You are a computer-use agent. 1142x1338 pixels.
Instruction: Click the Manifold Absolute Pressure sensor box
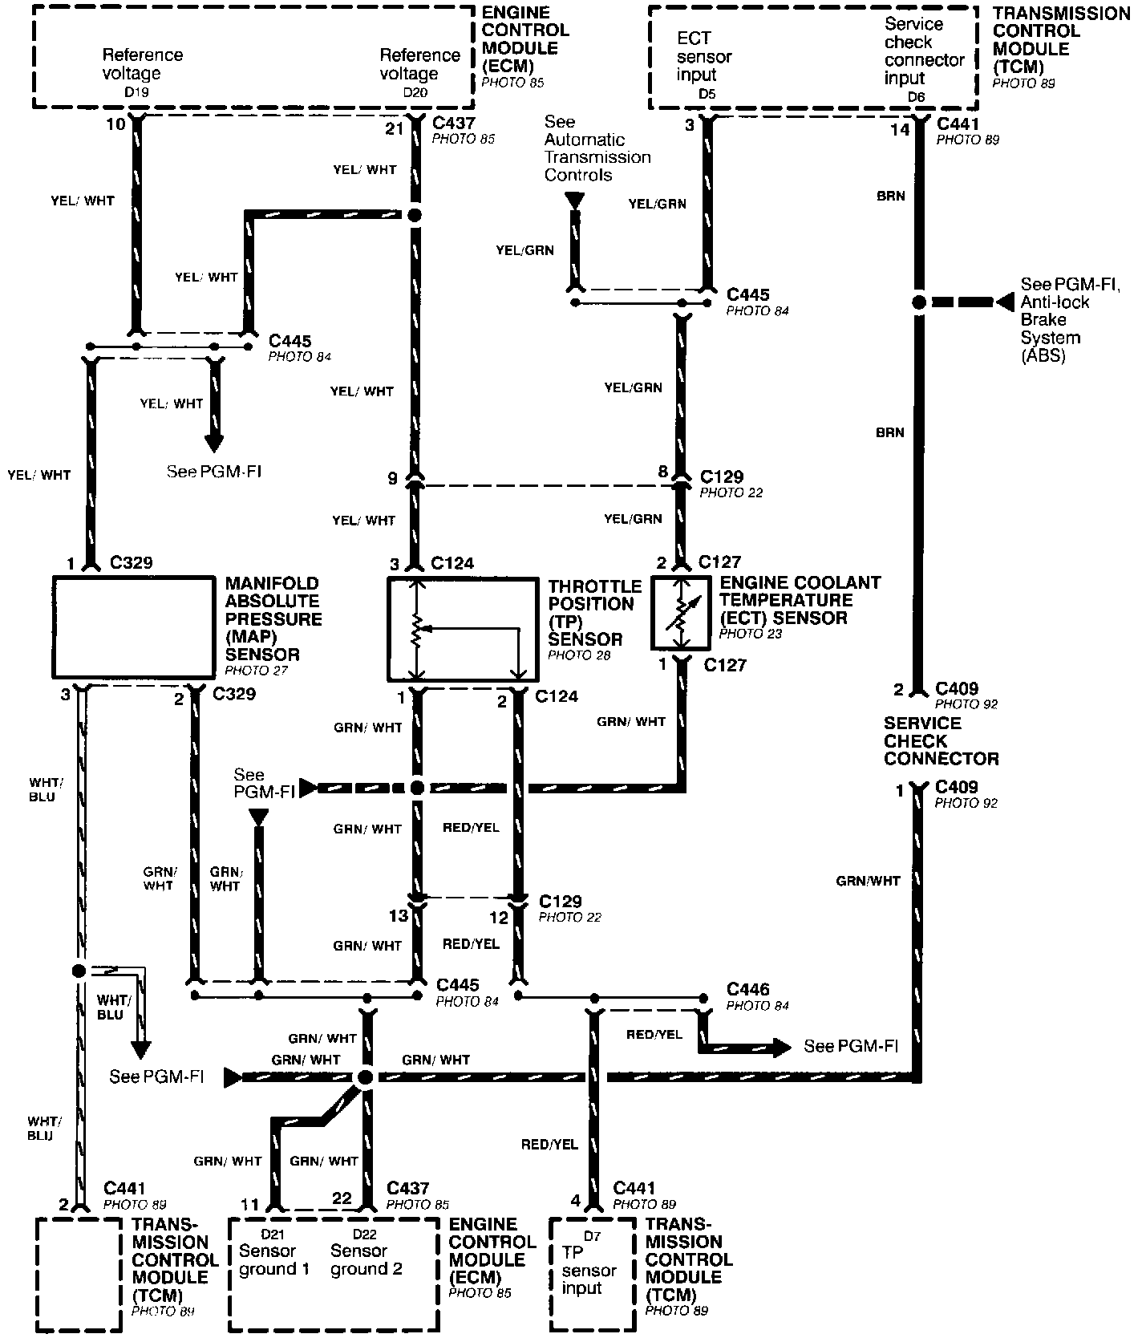point(134,627)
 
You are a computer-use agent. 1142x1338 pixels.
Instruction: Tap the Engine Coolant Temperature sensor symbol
point(681,613)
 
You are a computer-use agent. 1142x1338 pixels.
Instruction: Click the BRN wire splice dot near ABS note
point(919,302)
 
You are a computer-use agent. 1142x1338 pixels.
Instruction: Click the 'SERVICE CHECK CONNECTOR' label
point(942,740)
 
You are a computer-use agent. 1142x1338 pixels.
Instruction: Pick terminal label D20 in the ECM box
point(415,92)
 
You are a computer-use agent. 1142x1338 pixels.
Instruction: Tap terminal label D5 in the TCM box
point(706,95)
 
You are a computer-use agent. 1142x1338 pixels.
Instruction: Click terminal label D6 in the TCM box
point(916,96)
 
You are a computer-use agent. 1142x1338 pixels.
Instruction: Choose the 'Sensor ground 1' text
point(273,1259)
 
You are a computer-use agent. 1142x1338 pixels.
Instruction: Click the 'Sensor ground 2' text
point(366,1259)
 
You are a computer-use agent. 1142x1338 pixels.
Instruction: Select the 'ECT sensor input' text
point(703,57)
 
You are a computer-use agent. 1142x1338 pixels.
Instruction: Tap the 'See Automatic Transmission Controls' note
point(597,148)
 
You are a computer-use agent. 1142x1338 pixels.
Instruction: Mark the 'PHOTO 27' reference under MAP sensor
point(256,671)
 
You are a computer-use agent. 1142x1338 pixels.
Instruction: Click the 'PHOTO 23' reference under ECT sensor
point(751,634)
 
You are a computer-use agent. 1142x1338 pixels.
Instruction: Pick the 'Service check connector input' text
point(924,51)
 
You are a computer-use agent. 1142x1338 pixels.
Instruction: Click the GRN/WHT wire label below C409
point(868,881)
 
